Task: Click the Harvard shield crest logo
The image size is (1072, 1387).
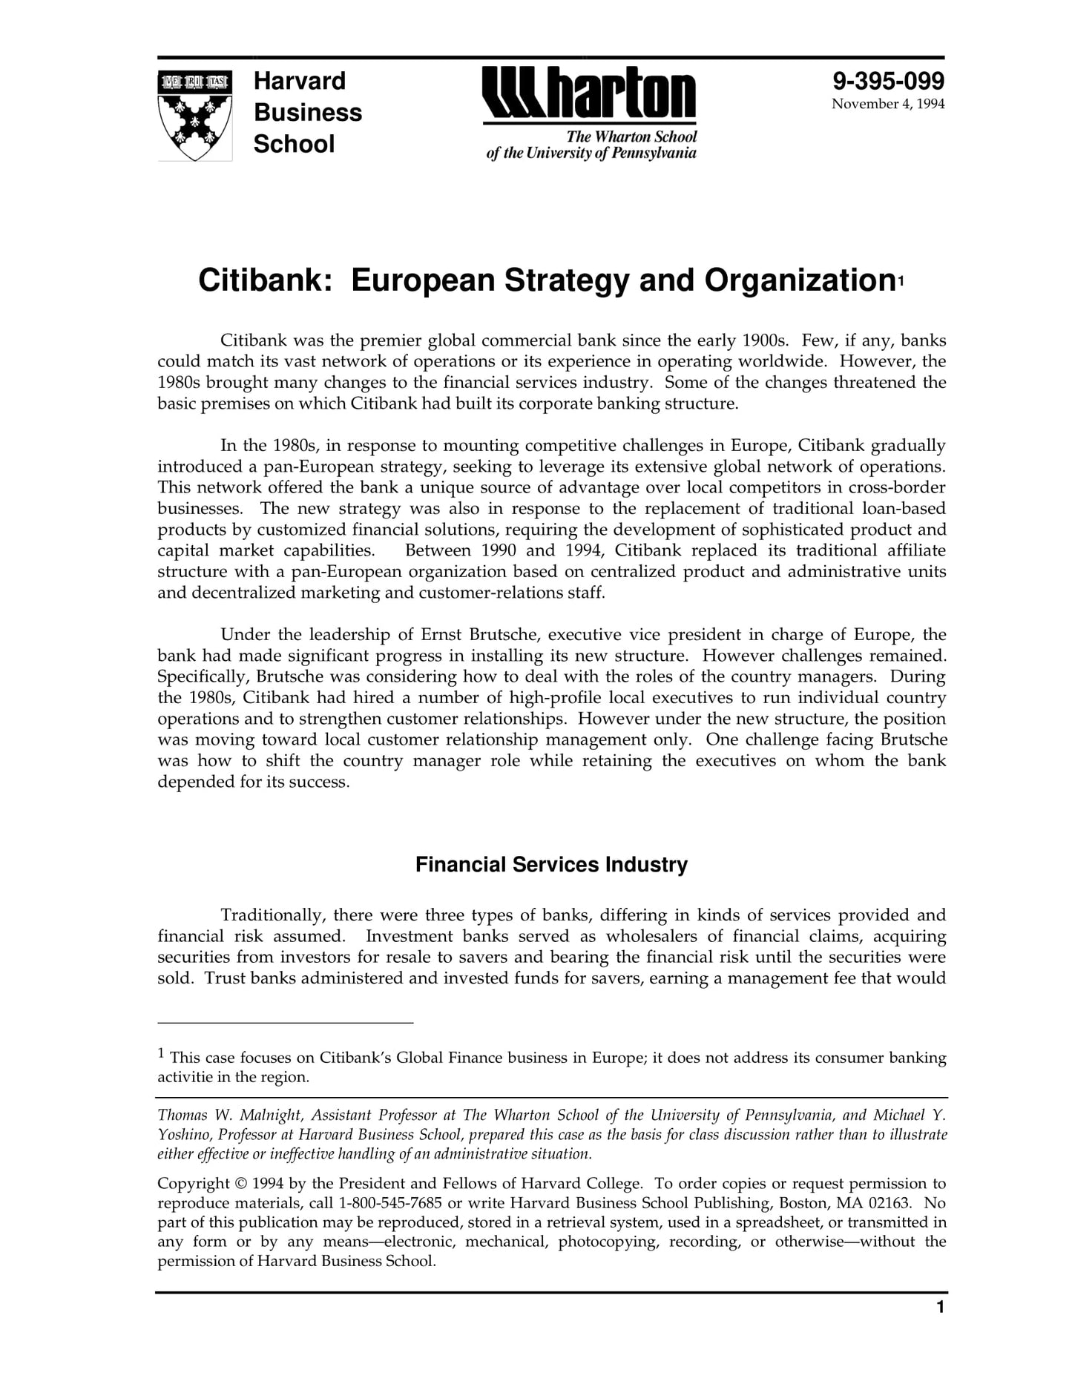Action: point(195,115)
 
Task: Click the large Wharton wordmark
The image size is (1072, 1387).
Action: point(589,94)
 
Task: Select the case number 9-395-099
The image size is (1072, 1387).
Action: point(888,81)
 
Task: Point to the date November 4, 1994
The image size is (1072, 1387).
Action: point(888,104)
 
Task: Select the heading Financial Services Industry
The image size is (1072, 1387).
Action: point(551,865)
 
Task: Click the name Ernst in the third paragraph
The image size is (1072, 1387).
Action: point(441,635)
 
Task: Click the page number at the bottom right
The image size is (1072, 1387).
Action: point(940,1328)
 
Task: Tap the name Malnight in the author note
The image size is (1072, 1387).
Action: point(270,1116)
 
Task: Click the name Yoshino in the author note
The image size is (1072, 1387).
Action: point(182,1135)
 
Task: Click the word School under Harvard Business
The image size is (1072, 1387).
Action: point(294,144)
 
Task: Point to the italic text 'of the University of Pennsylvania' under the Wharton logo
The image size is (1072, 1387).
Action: point(591,154)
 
